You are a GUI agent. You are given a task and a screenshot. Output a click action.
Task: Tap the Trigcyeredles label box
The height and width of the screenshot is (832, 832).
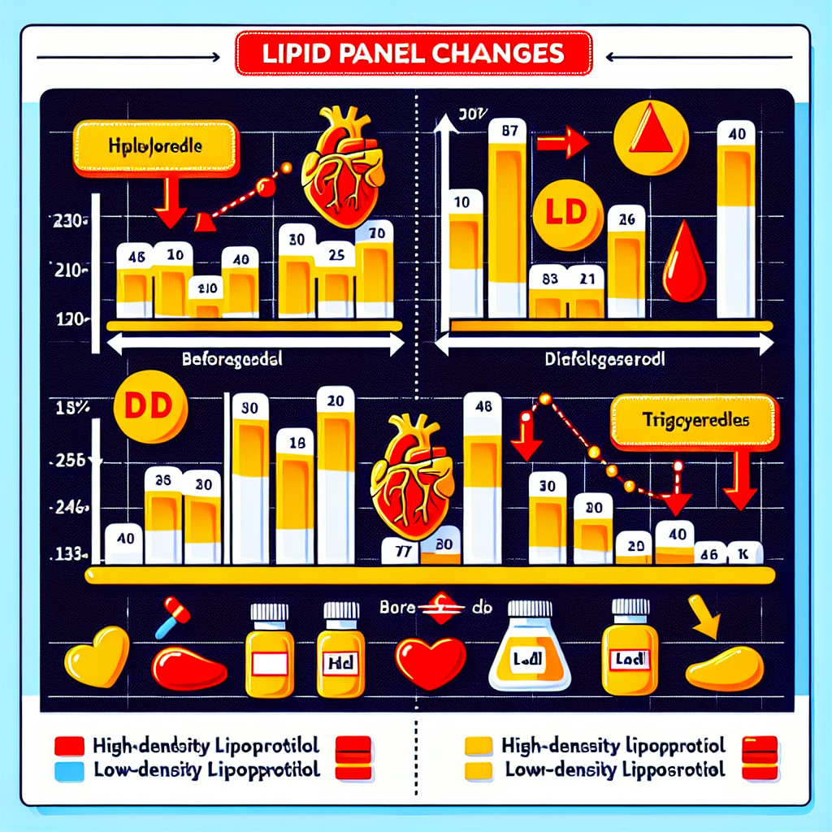coord(694,422)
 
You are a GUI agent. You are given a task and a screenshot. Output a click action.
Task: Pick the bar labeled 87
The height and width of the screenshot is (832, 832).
coord(509,219)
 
